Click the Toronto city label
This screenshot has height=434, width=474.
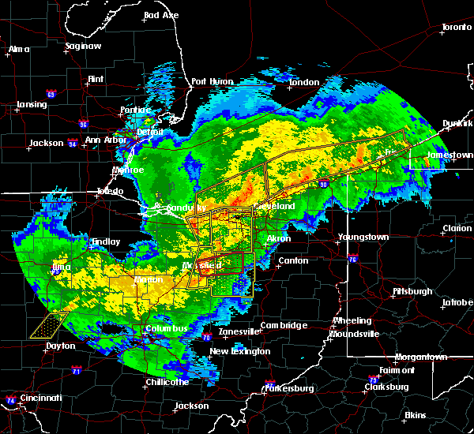[456, 28]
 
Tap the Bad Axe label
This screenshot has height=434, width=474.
[161, 16]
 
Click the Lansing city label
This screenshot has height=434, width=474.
[32, 105]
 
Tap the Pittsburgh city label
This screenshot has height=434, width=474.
[412, 291]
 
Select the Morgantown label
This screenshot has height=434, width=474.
[421, 357]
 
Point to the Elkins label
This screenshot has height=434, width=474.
[415, 415]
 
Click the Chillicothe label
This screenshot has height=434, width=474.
[166, 382]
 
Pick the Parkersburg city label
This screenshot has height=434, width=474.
[289, 388]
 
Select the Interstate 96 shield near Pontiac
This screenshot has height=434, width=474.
[84, 124]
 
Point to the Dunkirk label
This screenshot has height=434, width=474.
[457, 124]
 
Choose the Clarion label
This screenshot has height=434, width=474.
[457, 229]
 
